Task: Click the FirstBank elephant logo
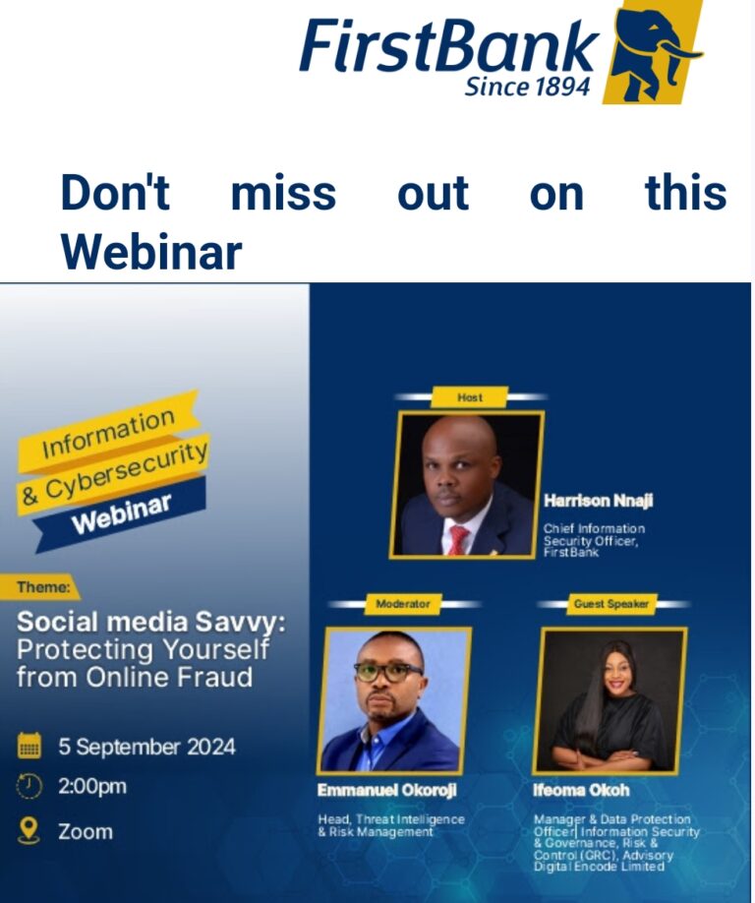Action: pyautogui.click(x=653, y=52)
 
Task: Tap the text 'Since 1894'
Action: pyautogui.click(x=527, y=87)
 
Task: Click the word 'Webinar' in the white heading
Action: pyautogui.click(x=151, y=252)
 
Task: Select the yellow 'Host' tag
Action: pyautogui.click(x=470, y=397)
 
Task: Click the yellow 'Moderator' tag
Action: pyautogui.click(x=403, y=604)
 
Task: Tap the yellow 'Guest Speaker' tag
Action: pyautogui.click(x=611, y=604)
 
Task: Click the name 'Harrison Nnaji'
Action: pyautogui.click(x=599, y=501)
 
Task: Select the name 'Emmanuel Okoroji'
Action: pyautogui.click(x=387, y=790)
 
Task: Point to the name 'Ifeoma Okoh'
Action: pyautogui.click(x=581, y=790)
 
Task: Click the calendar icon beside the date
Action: pyautogui.click(x=29, y=746)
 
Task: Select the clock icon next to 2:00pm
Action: pyautogui.click(x=29, y=787)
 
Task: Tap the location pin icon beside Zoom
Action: pyautogui.click(x=29, y=830)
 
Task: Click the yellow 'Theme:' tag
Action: pyautogui.click(x=40, y=587)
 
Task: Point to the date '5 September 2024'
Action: pyautogui.click(x=146, y=747)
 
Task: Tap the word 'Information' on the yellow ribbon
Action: pyautogui.click(x=108, y=433)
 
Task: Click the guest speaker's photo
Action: pyautogui.click(x=610, y=701)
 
